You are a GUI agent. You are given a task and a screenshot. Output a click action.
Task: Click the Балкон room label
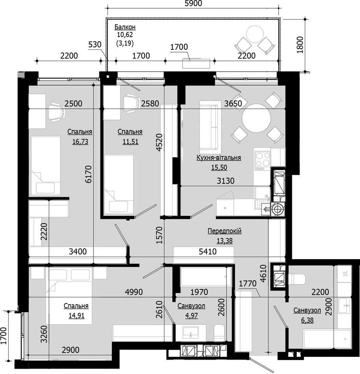tap(125, 27)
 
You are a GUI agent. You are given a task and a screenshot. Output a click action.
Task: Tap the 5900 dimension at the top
tap(193, 4)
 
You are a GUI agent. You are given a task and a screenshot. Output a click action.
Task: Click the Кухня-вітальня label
tap(219, 158)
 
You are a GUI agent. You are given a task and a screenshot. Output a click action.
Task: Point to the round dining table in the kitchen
tap(256, 118)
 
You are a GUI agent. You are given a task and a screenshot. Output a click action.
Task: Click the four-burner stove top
tap(263, 160)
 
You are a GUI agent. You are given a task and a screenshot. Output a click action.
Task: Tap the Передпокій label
tap(225, 231)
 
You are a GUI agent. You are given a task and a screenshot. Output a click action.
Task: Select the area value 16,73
tap(80, 141)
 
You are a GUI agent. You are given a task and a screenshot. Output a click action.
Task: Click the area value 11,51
tap(130, 141)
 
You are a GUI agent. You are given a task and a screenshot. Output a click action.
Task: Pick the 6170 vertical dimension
tap(88, 174)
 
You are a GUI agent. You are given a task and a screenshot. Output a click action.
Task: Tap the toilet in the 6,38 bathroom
tap(297, 279)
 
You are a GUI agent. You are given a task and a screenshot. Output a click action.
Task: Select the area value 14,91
tap(77, 316)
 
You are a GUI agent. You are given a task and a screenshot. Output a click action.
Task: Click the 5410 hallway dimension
tap(208, 251)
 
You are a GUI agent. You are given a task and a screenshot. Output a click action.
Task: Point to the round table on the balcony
tap(255, 34)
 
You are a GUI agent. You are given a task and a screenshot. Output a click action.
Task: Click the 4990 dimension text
tap(134, 292)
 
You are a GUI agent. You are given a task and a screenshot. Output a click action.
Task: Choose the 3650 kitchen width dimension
tap(233, 104)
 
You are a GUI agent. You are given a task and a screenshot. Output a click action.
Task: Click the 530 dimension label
tap(95, 44)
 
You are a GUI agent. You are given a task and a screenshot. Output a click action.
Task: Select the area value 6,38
tap(307, 320)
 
